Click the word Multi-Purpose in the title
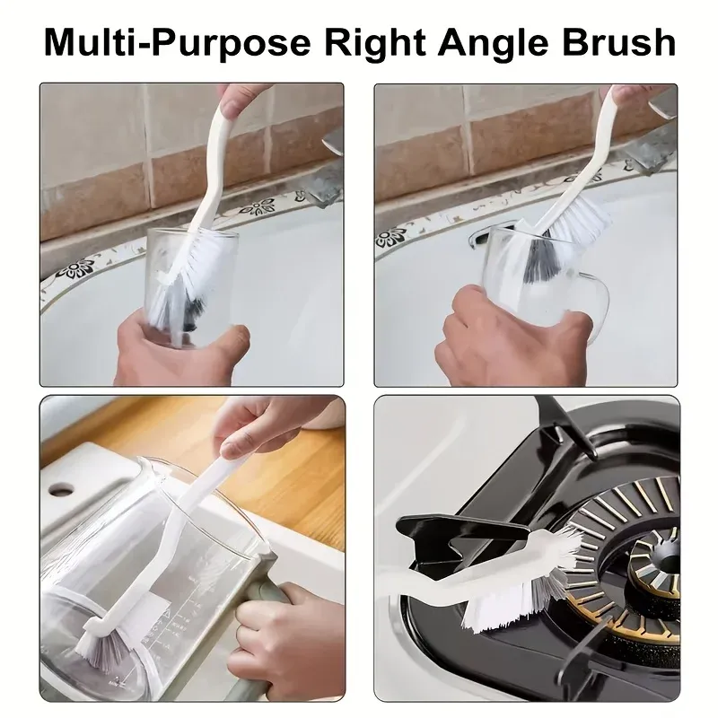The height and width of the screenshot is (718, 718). tap(177, 42)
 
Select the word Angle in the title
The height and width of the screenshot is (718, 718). tap(493, 42)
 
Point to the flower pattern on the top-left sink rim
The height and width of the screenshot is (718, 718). tap(258, 207)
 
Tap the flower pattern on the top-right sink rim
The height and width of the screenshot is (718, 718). tap(392, 237)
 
